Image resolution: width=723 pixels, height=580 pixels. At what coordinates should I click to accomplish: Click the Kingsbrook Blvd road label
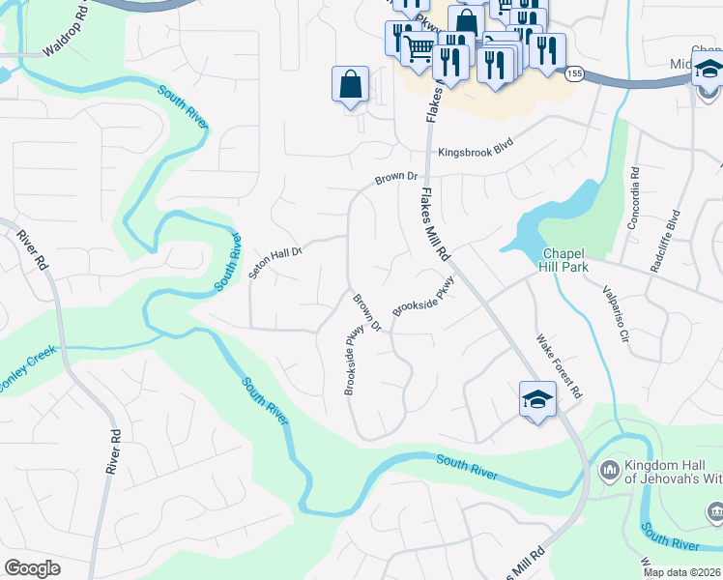[473, 153]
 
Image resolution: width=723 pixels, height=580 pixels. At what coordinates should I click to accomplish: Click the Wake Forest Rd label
[560, 366]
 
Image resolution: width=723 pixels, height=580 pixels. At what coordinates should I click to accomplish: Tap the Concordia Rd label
[634, 199]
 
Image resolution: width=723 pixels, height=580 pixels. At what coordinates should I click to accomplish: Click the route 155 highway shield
[575, 73]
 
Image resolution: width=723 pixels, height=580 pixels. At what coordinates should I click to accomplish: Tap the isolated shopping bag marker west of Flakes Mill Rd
[350, 85]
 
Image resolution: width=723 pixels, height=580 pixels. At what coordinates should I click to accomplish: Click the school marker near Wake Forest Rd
[537, 400]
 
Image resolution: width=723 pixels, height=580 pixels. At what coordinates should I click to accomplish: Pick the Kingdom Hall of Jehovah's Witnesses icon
[609, 471]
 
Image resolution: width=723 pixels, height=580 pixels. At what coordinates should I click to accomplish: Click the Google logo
[32, 568]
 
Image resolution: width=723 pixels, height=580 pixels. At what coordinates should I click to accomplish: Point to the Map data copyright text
[681, 572]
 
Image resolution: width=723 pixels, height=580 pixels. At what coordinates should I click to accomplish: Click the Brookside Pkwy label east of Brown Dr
[423, 297]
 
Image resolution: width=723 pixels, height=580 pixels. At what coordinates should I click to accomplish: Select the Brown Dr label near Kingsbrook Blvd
[396, 178]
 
